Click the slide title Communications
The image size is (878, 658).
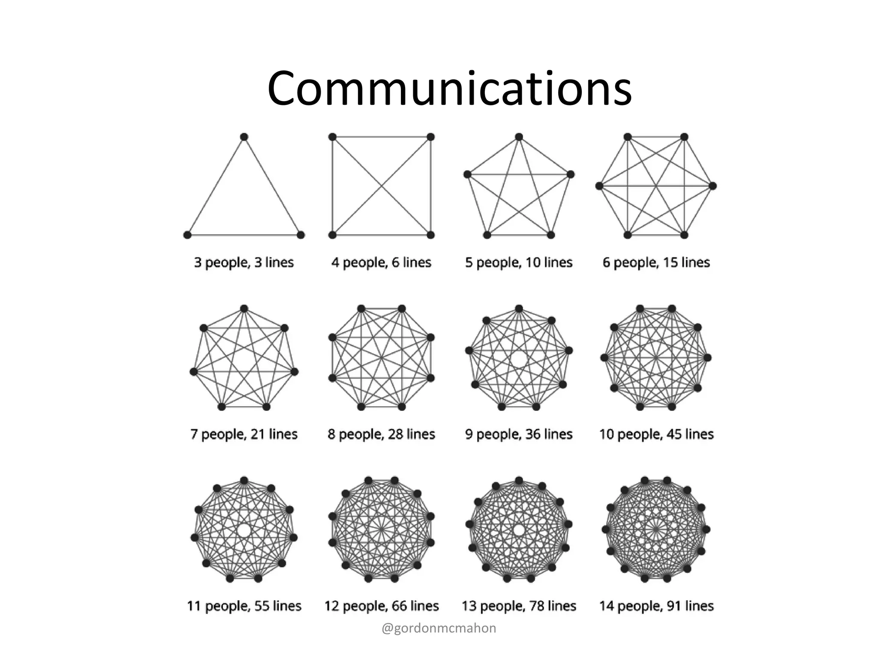point(449,89)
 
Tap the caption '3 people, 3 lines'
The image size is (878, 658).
point(244,262)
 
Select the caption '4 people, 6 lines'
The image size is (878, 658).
point(381,262)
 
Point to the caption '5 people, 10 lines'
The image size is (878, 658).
point(519,262)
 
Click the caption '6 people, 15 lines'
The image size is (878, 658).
point(656,262)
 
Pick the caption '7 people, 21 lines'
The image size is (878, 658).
point(244,434)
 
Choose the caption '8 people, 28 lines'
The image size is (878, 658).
point(381,434)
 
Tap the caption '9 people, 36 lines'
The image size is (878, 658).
point(519,434)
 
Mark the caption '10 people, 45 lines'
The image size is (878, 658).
point(656,434)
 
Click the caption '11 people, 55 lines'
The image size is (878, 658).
point(244,606)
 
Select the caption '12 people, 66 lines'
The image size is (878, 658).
point(381,606)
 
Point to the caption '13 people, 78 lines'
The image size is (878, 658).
point(519,606)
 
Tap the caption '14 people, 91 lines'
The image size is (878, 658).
point(656,606)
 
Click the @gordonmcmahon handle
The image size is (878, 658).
point(439,628)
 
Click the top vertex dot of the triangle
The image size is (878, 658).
point(244,137)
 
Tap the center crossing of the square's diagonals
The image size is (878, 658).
point(382,186)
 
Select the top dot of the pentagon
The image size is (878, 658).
point(519,137)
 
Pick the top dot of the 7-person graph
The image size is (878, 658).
point(244,309)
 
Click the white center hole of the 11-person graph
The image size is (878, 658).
point(244,530)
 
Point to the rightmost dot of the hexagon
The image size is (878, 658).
point(713,186)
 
